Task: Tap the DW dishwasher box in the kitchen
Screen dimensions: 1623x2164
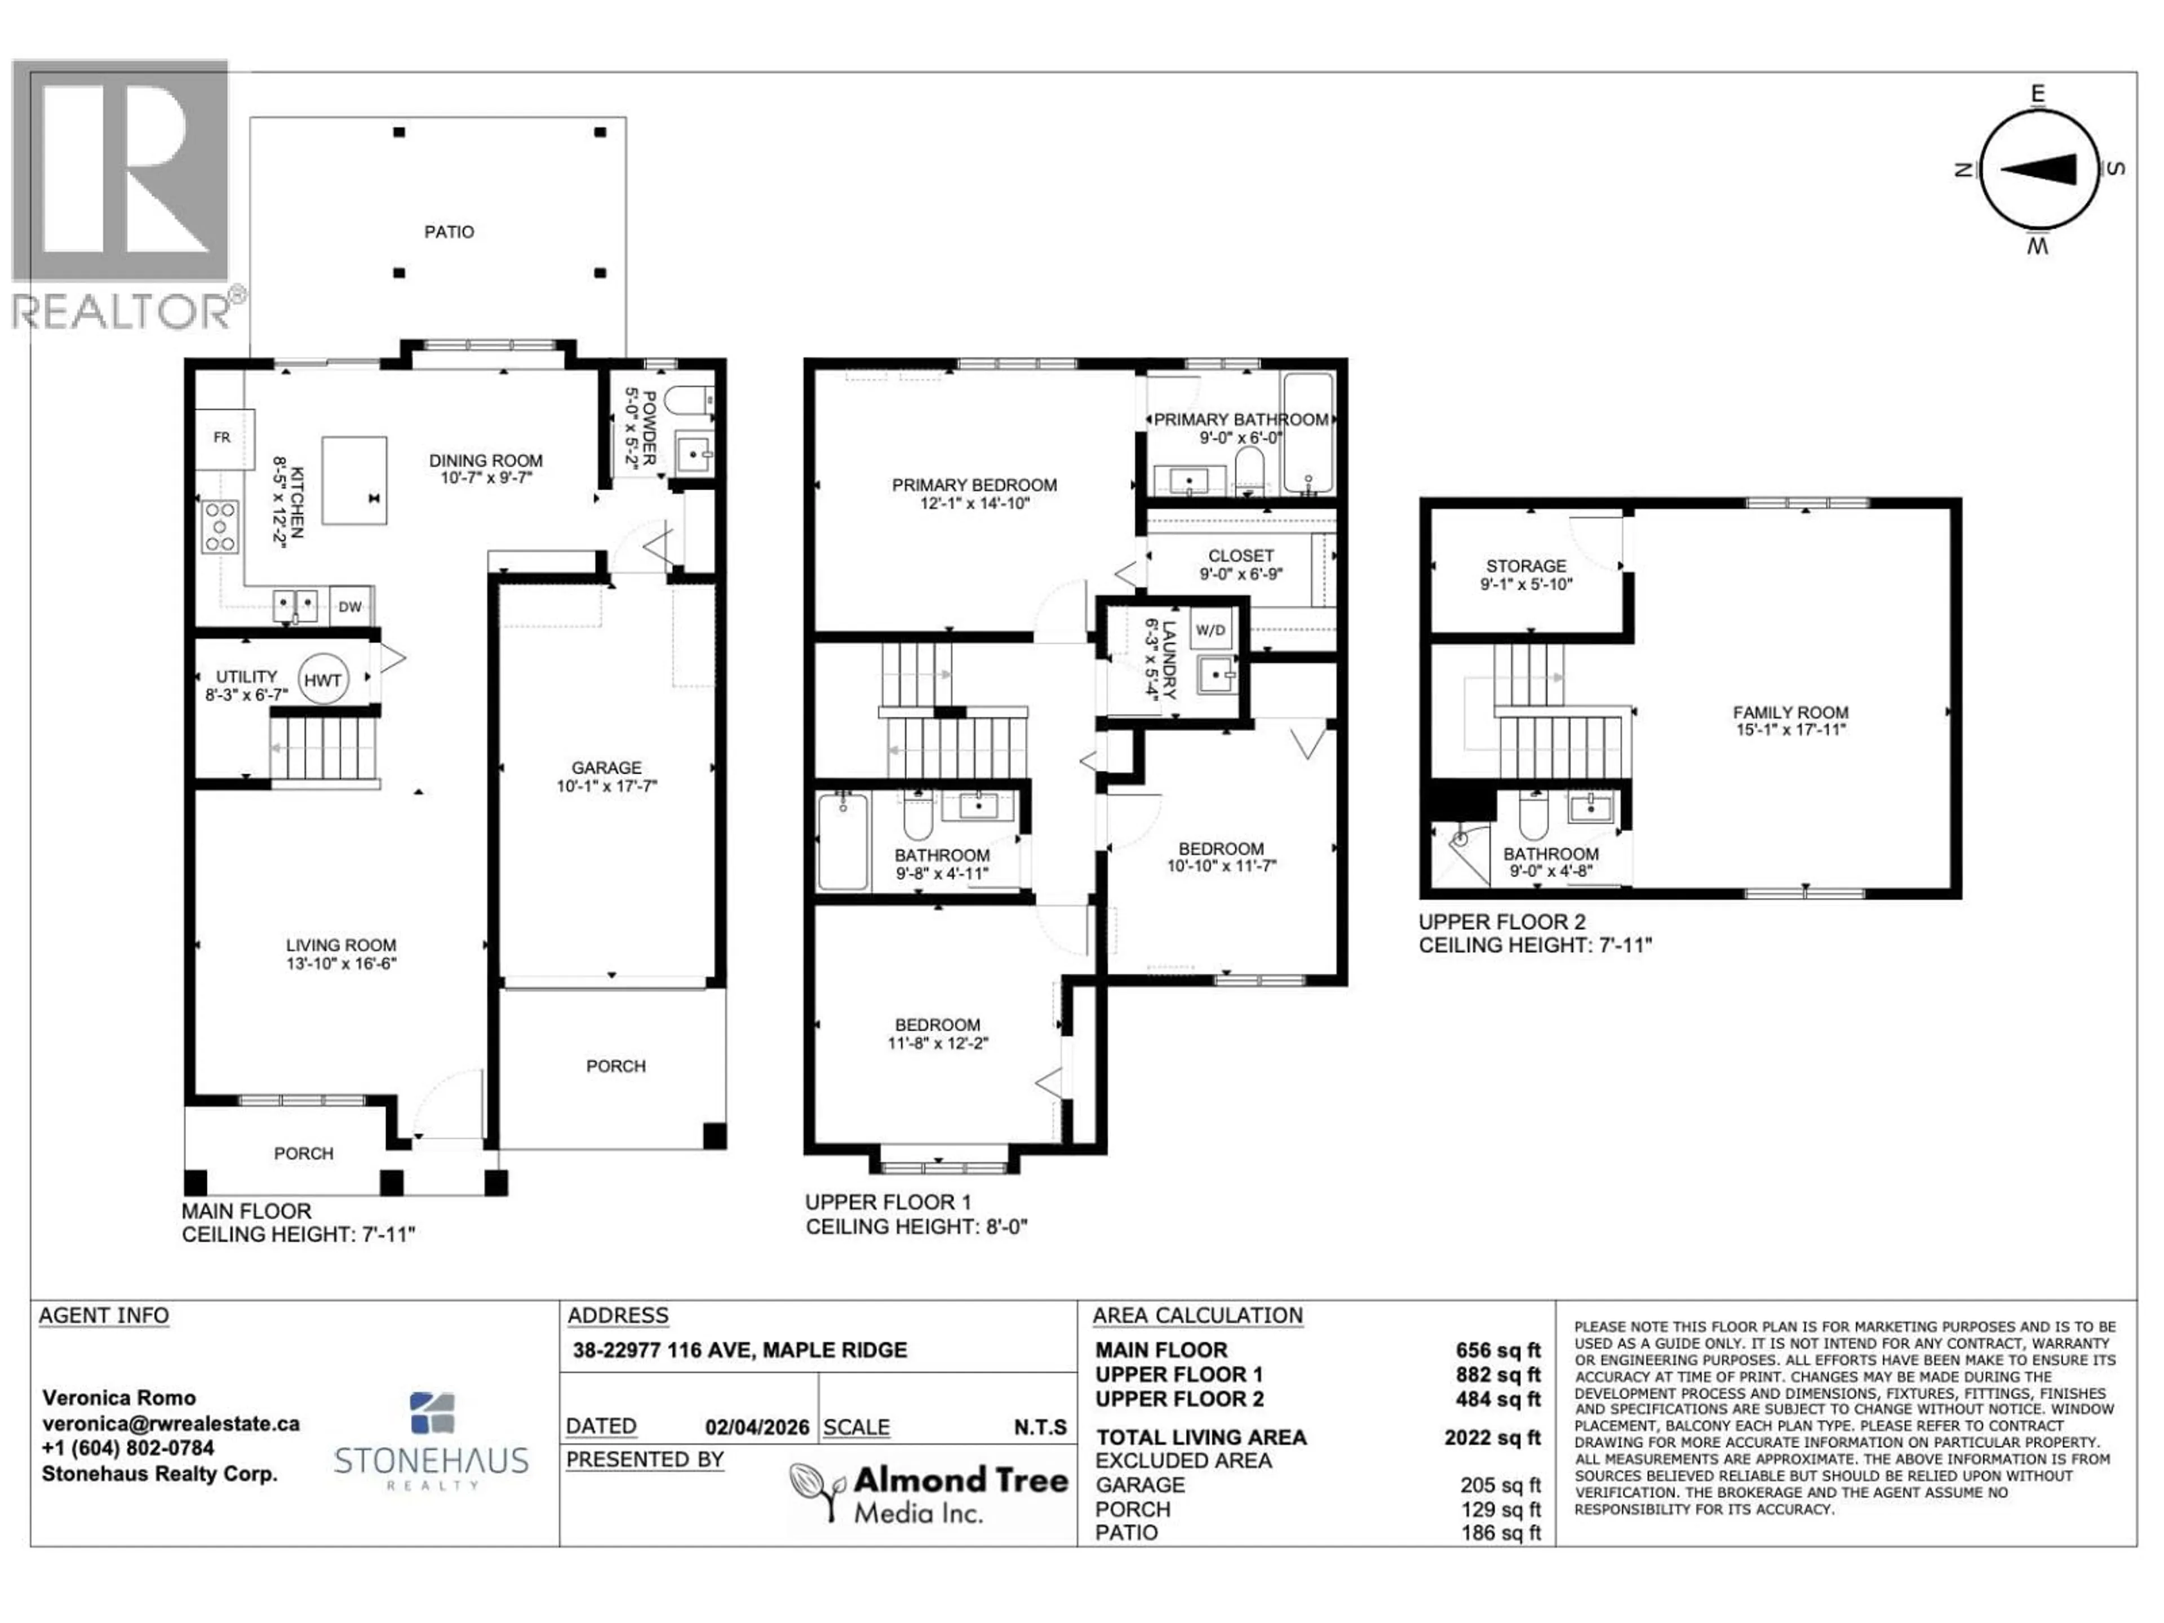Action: point(349,606)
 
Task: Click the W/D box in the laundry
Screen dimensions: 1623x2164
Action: point(1210,630)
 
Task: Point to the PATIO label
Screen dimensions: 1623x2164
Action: point(449,232)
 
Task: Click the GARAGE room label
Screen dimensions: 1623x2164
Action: point(606,768)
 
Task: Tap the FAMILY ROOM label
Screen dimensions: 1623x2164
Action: point(1790,713)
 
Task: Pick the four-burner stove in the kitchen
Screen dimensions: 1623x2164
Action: point(220,526)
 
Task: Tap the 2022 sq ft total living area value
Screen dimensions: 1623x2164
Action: point(1491,1437)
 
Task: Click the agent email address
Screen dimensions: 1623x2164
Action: point(170,1424)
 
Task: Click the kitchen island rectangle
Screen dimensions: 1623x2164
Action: point(354,480)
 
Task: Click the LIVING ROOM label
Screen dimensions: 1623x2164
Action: point(340,945)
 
